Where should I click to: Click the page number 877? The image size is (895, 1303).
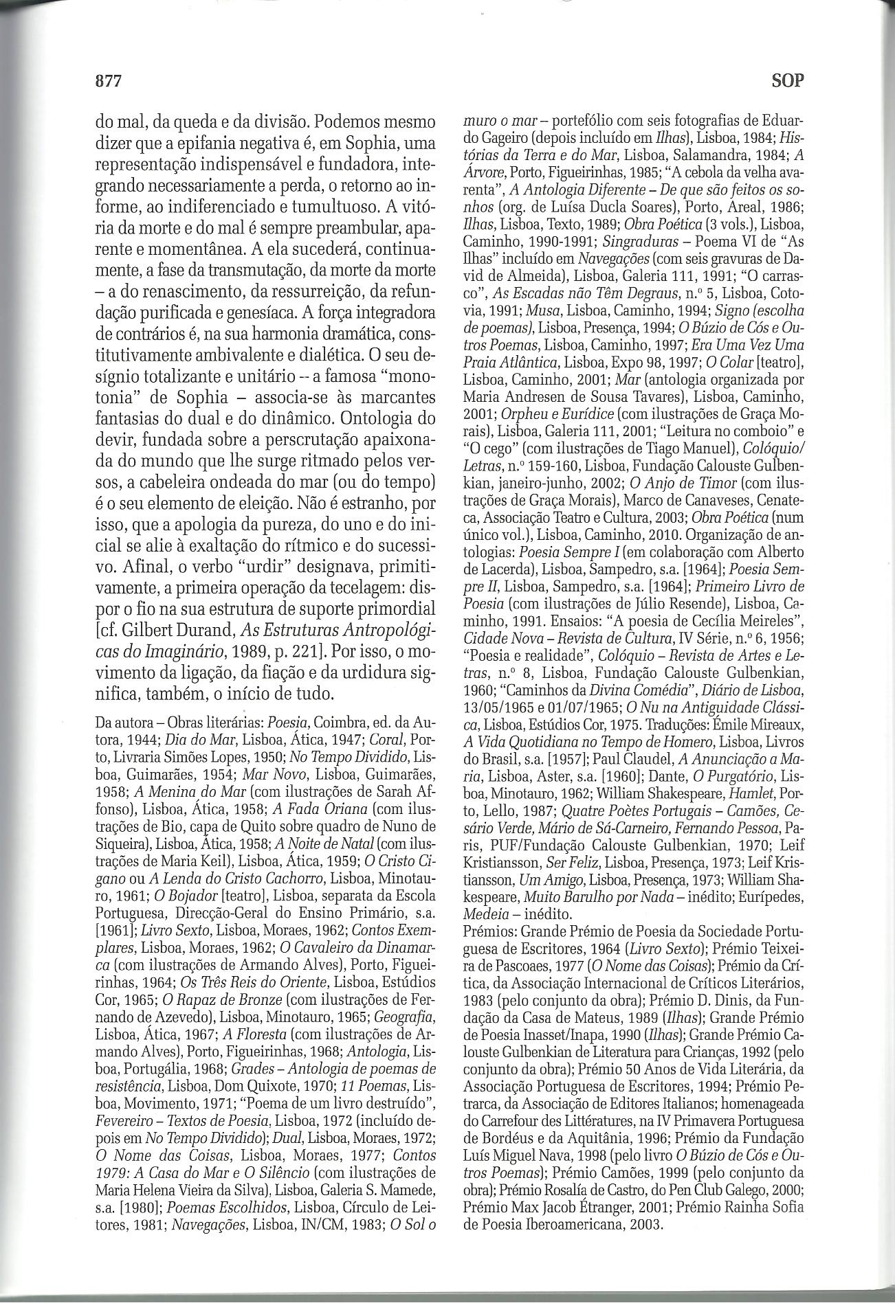click(108, 81)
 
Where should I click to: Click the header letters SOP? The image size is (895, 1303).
click(787, 81)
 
